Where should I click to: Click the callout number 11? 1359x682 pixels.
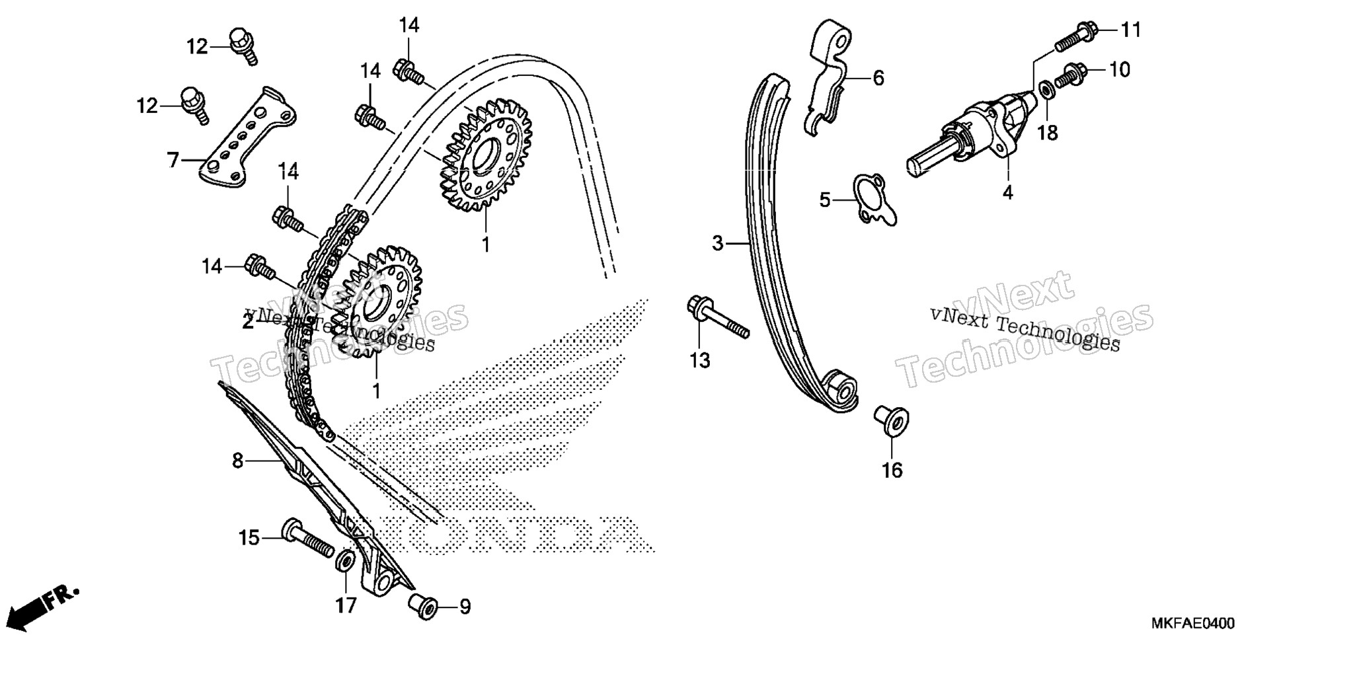coord(1130,30)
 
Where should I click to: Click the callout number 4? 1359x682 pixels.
coord(1007,192)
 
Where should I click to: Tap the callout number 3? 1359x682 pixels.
coord(718,243)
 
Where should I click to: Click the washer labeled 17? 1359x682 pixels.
coord(344,562)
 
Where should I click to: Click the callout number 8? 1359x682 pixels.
coord(238,461)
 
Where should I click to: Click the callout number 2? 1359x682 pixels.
coord(248,322)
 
